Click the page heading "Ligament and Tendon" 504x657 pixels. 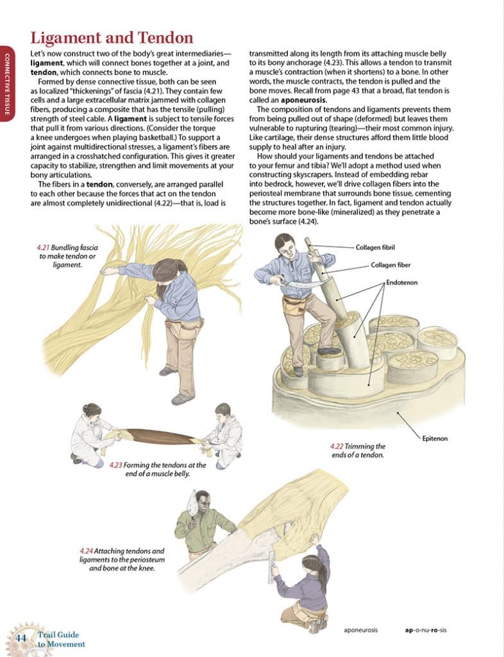pos(112,38)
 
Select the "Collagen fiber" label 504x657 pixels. pos(391,264)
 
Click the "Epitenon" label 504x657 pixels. pos(434,438)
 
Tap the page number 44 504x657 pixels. pos(21,638)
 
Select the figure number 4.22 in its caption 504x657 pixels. pos(337,446)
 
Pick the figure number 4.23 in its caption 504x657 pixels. pos(116,465)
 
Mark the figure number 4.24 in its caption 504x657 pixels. pos(87,550)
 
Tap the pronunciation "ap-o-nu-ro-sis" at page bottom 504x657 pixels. pos(426,630)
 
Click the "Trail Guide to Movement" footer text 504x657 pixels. pos(58,640)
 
